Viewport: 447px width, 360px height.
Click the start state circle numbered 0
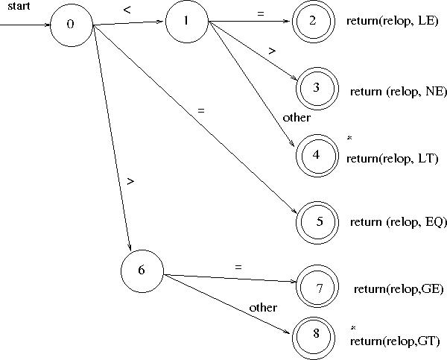tap(71, 24)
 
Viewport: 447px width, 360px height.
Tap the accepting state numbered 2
tap(314, 21)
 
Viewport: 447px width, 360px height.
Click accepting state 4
tap(317, 154)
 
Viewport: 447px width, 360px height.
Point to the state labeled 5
tap(319, 221)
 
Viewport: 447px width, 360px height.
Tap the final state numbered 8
tap(316, 333)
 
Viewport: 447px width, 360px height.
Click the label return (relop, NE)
tap(398, 92)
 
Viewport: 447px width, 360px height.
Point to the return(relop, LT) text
tap(393, 158)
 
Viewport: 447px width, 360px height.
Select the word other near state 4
tap(297, 117)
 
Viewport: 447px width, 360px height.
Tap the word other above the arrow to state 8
tap(263, 307)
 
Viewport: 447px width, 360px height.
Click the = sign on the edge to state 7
tap(238, 266)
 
